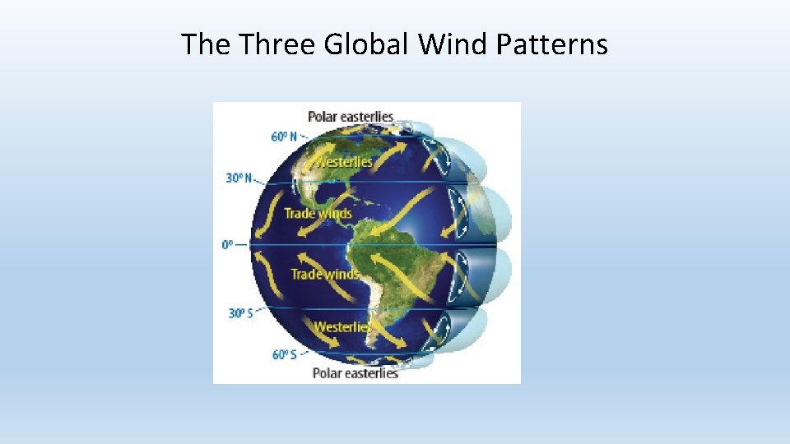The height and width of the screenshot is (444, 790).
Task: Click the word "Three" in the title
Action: (277, 44)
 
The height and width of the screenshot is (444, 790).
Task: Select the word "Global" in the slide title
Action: (366, 44)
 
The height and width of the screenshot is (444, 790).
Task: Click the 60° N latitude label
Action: (285, 136)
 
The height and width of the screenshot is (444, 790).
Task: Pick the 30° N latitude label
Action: (239, 178)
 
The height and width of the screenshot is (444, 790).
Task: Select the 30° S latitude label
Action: (240, 313)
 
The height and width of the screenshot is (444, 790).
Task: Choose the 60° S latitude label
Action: (285, 354)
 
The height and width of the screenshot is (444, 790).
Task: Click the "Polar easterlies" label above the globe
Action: (351, 117)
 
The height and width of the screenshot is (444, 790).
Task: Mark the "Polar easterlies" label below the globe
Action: (355, 373)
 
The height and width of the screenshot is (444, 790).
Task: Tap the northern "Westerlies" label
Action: (345, 162)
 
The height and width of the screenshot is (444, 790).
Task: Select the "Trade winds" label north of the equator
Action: (318, 214)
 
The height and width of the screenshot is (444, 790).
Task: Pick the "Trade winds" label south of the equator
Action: (324, 274)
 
